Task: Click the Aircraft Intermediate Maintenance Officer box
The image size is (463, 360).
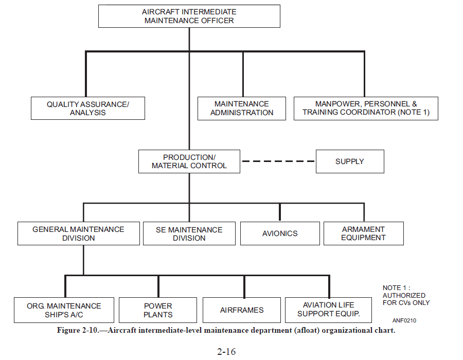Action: pyautogui.click(x=189, y=16)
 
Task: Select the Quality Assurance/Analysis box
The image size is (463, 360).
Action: pyautogui.click(x=87, y=109)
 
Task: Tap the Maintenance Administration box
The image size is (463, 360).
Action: pyautogui.click(x=242, y=109)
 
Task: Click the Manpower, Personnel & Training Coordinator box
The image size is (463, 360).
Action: pyautogui.click(x=366, y=109)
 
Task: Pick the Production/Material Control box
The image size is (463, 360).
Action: pyautogui.click(x=189, y=161)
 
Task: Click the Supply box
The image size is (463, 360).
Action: pyautogui.click(x=350, y=161)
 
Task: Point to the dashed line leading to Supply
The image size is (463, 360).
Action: pyautogui.click(x=278, y=161)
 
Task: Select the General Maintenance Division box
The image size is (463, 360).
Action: pyautogui.click(x=79, y=233)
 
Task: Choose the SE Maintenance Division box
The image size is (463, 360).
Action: pyautogui.click(x=189, y=233)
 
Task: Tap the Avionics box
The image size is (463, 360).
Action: pyautogui.click(x=280, y=233)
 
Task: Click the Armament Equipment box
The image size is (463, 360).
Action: pyautogui.click(x=364, y=233)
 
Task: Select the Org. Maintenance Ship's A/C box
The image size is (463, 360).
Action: pyautogui.click(x=64, y=310)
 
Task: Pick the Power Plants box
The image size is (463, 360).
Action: pyautogui.click(x=158, y=310)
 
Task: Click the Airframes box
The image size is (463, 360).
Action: pyautogui.click(x=242, y=310)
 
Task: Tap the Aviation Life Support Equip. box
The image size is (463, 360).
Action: pyautogui.click(x=328, y=310)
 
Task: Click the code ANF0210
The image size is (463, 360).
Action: pyautogui.click(x=404, y=320)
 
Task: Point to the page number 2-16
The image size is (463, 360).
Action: pyautogui.click(x=226, y=351)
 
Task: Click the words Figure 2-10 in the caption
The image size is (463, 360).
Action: pyautogui.click(x=77, y=330)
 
